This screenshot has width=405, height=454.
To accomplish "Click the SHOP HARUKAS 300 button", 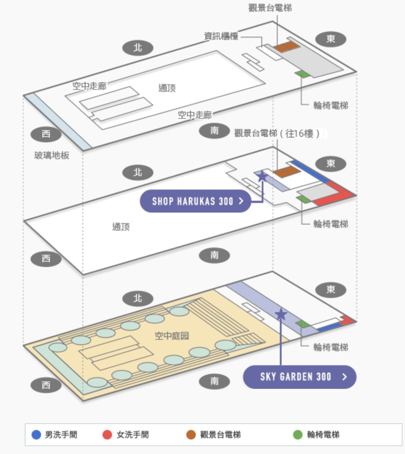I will [x=196, y=201].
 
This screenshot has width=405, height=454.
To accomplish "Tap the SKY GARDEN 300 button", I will [x=300, y=377].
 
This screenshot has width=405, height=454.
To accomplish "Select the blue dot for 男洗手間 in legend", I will [x=36, y=435].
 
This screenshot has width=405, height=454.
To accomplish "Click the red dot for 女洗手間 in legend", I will [x=107, y=435].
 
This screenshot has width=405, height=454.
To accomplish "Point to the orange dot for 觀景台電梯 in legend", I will [x=191, y=435].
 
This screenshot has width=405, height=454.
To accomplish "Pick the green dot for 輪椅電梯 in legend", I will [x=298, y=435].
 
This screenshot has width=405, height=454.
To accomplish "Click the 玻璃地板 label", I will [x=52, y=155].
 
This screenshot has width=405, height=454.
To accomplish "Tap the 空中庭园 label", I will [x=172, y=336].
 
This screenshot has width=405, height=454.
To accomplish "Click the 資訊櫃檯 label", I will [x=221, y=36].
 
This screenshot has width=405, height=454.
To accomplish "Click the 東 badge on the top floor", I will [x=331, y=39].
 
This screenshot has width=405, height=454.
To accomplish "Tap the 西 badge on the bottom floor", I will [x=46, y=385].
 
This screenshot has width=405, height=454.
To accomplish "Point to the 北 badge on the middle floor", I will [x=138, y=173].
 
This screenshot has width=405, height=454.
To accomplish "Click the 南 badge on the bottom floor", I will [x=215, y=381].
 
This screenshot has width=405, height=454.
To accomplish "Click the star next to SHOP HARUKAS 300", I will [x=262, y=176].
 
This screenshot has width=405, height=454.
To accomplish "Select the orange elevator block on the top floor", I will [x=286, y=46].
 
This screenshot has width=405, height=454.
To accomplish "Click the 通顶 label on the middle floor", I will [x=121, y=227].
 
